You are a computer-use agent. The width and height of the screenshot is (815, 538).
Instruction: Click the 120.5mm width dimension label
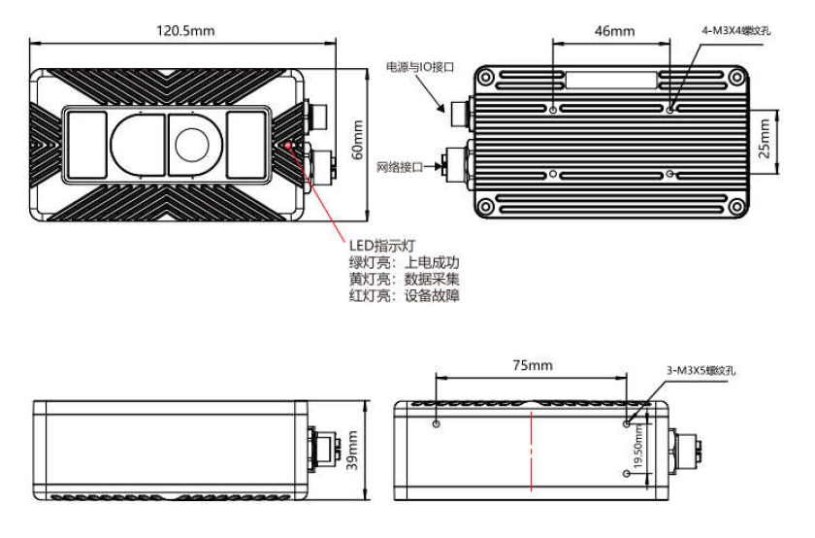(x=185, y=30)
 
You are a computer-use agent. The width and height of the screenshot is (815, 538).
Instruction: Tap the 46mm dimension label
(x=613, y=31)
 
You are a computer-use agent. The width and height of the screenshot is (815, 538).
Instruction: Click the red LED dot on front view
(x=290, y=143)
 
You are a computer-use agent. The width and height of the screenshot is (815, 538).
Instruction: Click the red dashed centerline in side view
(x=531, y=450)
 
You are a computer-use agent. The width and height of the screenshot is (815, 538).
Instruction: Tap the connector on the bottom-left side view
(x=322, y=451)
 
